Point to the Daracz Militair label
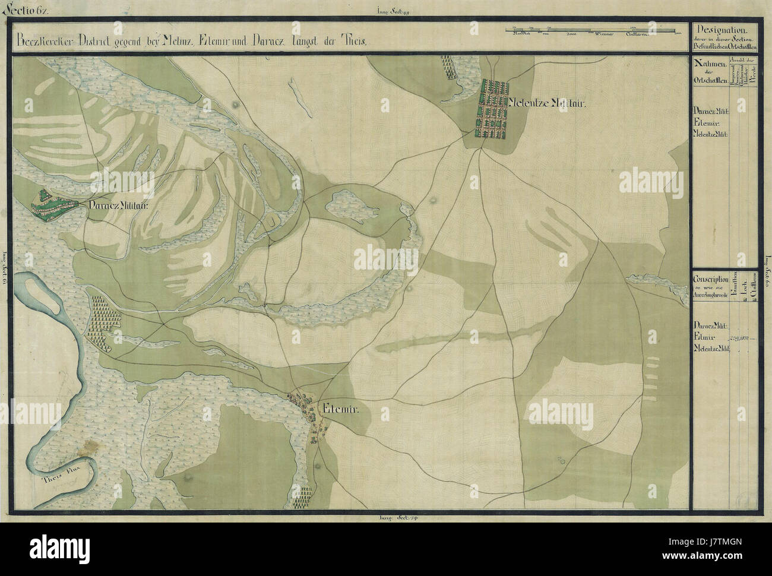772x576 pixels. click(118, 206)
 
